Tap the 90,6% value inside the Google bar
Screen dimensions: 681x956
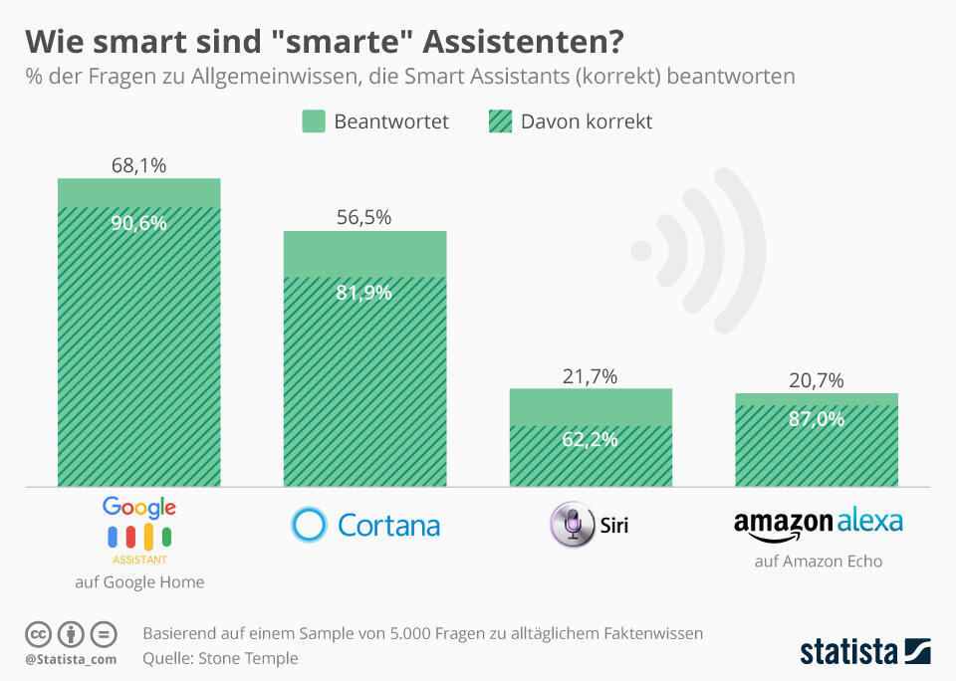138,223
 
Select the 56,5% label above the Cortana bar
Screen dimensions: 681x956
364,217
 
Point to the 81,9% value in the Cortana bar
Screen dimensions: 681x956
364,293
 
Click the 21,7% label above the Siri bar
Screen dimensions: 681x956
591,375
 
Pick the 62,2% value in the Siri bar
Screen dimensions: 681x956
591,439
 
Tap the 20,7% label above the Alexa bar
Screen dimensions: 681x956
817,379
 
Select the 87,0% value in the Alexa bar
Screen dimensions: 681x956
817,418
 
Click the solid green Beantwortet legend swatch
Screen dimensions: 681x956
314,121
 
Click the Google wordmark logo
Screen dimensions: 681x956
138,508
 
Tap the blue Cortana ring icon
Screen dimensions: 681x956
309,524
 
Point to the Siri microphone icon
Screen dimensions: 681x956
573,525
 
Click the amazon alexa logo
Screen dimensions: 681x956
818,524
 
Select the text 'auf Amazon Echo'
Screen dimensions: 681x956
818,562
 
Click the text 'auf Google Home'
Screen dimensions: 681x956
139,582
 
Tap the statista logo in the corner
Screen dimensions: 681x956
865,652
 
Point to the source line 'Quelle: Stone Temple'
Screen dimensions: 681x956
220,658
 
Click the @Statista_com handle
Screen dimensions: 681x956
71,659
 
